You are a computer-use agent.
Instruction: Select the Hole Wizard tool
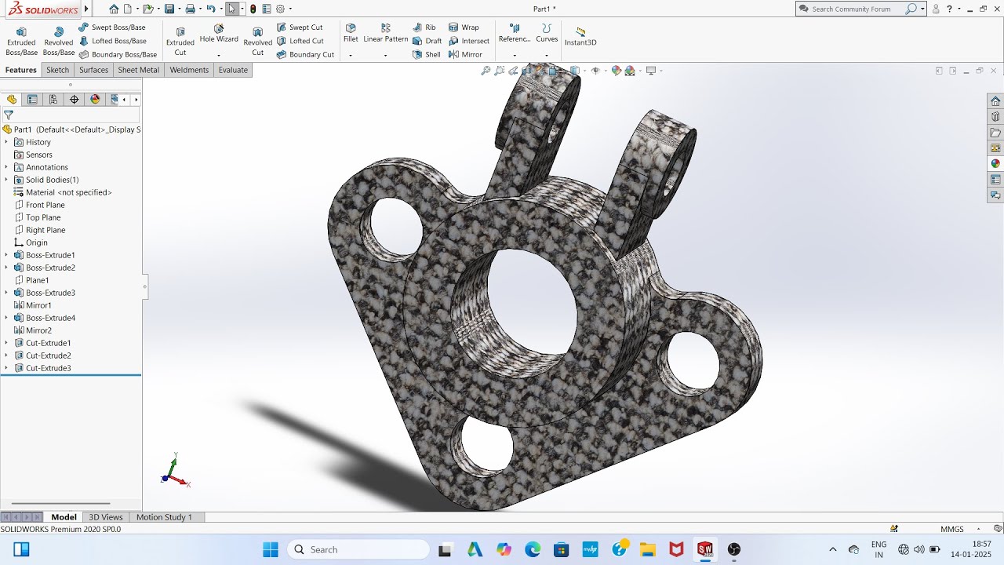(x=219, y=34)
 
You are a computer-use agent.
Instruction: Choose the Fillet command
(x=351, y=33)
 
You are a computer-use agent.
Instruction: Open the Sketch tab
(x=57, y=70)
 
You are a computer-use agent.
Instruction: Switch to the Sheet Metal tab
(x=138, y=70)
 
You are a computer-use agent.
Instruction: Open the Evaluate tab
(x=233, y=70)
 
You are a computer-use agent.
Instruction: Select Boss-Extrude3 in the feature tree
(x=50, y=293)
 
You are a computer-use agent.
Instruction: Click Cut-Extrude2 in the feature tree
(x=48, y=355)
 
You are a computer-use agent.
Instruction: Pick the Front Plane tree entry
(x=45, y=205)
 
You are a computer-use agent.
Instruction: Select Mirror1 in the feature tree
(x=38, y=305)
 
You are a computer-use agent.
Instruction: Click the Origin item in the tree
(x=36, y=242)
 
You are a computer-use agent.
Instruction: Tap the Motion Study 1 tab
(x=164, y=517)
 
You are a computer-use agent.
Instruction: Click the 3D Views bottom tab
(x=105, y=517)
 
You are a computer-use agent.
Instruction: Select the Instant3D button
(x=580, y=37)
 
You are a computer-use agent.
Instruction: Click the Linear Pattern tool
(x=385, y=33)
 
